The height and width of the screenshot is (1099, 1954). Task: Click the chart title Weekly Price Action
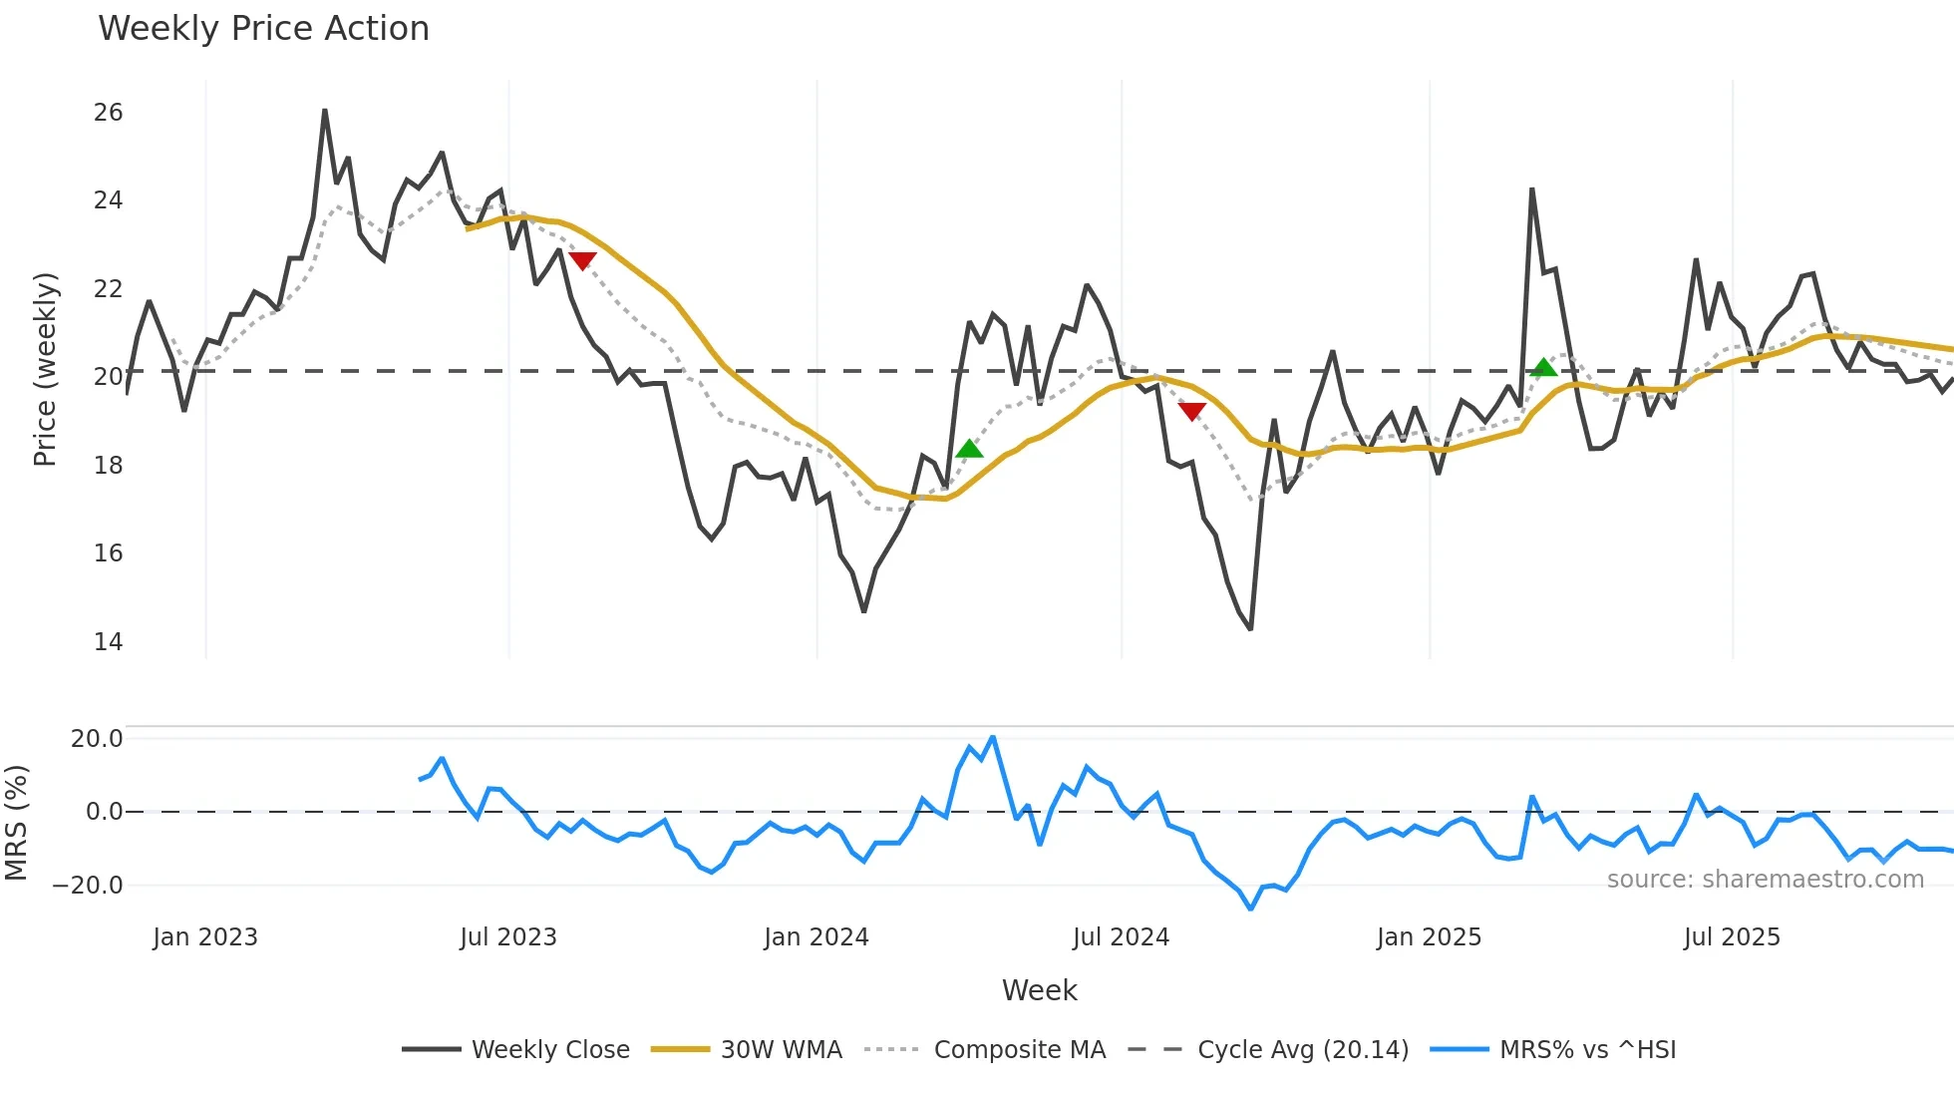(x=263, y=29)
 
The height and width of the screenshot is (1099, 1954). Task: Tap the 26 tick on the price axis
(x=108, y=113)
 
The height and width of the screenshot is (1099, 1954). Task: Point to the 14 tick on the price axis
(x=108, y=642)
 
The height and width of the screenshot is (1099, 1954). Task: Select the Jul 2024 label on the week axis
(x=1121, y=937)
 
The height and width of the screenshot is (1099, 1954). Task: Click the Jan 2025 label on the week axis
(x=1429, y=937)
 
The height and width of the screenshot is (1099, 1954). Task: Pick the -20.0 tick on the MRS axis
(x=88, y=886)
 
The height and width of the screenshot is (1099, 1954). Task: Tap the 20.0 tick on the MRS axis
(x=96, y=739)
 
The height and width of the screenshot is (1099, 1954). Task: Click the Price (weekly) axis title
(x=45, y=369)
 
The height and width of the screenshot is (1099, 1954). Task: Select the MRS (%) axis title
(x=16, y=823)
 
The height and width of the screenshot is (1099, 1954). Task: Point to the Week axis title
(x=1039, y=990)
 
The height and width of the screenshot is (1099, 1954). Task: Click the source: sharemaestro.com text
(x=1765, y=880)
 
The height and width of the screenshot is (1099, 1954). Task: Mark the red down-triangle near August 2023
(x=582, y=260)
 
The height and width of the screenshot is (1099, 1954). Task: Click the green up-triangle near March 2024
(x=969, y=449)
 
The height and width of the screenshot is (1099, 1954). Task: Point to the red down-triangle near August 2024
(x=1191, y=410)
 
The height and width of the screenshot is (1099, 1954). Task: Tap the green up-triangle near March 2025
(x=1543, y=367)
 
